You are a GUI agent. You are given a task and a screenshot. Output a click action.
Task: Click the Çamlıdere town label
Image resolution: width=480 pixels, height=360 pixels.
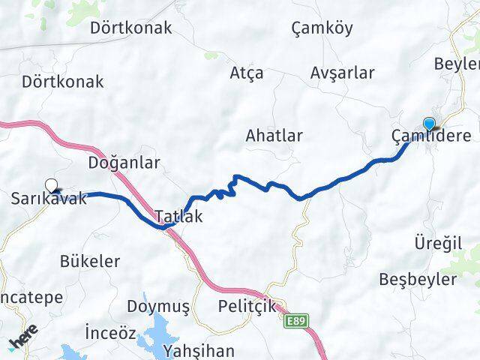click(431, 136)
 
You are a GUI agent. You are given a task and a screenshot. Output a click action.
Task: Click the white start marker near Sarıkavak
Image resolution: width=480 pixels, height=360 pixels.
click(51, 184)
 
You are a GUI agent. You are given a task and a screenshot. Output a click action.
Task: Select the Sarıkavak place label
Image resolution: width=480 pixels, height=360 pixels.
click(49, 199)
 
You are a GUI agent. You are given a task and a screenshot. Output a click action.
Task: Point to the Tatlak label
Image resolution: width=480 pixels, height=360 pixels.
click(178, 217)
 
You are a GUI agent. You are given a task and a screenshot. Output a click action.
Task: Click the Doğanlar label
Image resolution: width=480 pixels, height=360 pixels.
click(124, 162)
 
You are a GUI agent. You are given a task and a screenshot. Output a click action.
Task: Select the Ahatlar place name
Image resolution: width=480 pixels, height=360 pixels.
click(274, 136)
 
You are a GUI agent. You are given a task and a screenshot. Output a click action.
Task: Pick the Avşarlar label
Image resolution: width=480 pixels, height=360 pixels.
click(342, 73)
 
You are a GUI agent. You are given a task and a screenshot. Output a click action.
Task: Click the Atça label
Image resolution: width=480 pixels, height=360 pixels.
click(247, 73)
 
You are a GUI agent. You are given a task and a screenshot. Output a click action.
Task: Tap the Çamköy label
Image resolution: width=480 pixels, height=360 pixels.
click(322, 28)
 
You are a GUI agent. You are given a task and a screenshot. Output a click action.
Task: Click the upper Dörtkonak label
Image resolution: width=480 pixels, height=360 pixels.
click(130, 28)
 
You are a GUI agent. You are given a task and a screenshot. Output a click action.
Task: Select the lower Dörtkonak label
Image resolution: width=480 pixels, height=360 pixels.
click(63, 82)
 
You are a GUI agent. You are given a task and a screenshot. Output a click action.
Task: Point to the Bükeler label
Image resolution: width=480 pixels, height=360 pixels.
click(89, 261)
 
